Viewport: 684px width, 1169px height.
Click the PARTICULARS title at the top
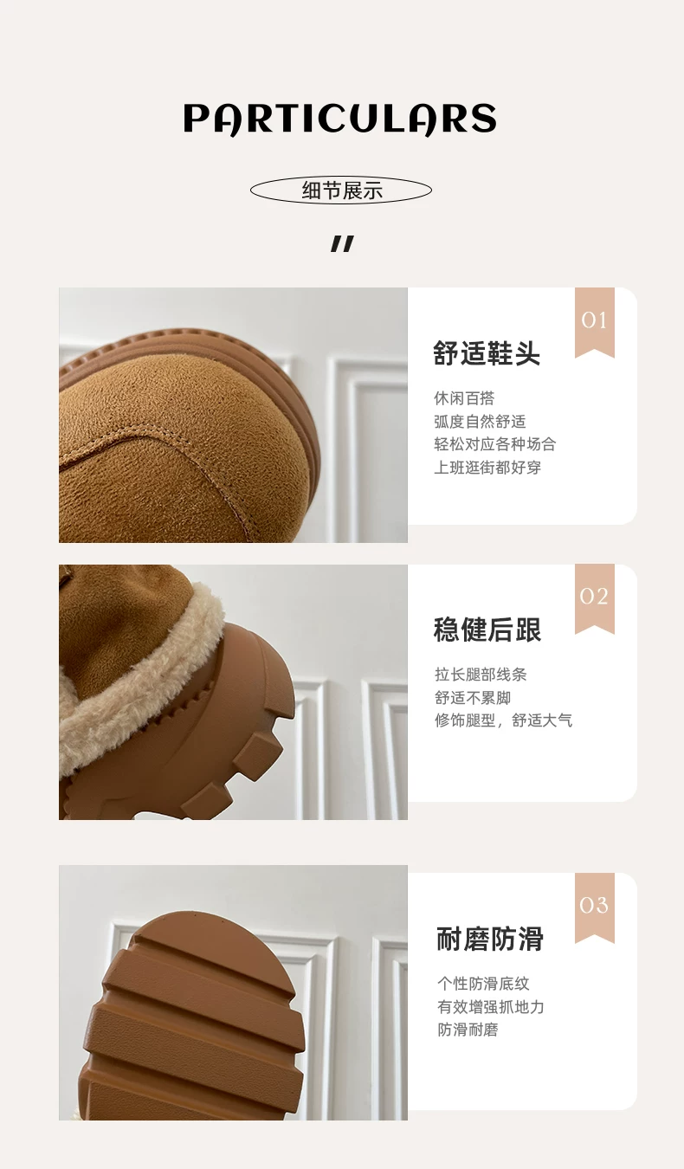point(339,119)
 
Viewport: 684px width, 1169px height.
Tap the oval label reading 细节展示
point(341,190)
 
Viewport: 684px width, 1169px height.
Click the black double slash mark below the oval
point(342,243)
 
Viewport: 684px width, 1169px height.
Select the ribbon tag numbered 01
point(594,322)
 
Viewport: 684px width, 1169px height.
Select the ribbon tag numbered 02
point(594,598)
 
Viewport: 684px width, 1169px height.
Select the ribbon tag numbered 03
point(594,907)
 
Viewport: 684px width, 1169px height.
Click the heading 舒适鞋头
point(487,353)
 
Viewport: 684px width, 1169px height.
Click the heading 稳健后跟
point(487,630)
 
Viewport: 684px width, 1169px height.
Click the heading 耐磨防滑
point(490,939)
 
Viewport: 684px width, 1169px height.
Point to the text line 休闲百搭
point(464,398)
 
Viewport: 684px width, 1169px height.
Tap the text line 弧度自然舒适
point(480,421)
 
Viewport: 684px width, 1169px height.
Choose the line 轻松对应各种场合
point(494,444)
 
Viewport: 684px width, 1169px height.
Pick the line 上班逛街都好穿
point(487,467)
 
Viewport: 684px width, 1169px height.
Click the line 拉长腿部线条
point(481,675)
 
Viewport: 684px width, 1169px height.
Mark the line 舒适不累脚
point(473,697)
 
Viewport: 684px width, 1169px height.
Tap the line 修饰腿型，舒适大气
point(504,720)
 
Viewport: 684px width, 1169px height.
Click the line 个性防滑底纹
point(483,984)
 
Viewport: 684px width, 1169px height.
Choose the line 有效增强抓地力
point(490,1007)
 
